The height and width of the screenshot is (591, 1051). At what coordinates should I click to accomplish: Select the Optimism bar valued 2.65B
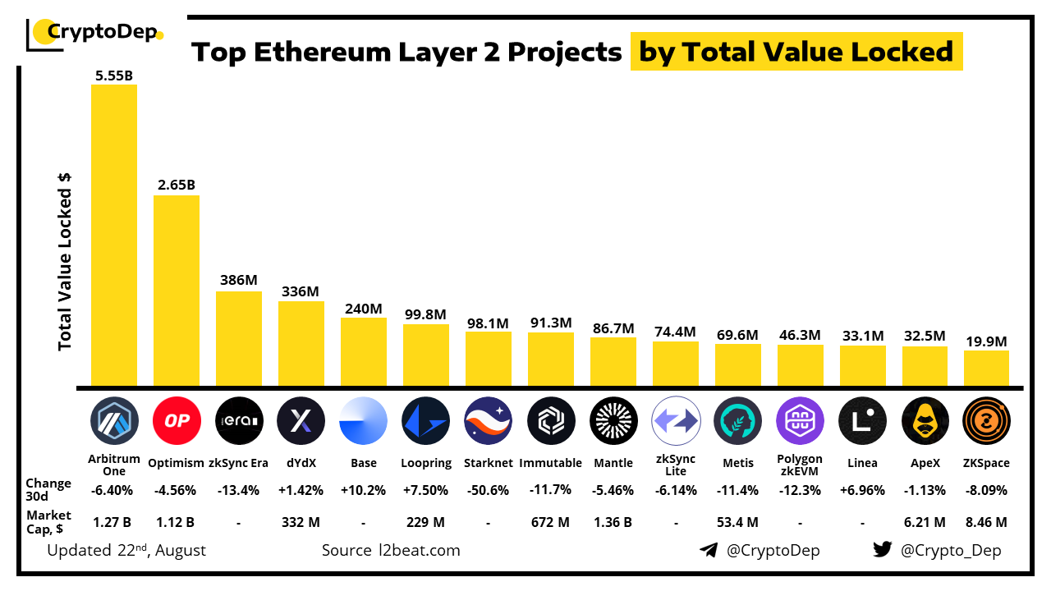(177, 291)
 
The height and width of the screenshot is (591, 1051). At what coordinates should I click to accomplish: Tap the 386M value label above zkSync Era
(239, 280)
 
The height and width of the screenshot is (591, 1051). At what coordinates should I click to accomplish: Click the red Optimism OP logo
(177, 421)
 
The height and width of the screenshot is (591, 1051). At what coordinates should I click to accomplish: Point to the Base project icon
(363, 421)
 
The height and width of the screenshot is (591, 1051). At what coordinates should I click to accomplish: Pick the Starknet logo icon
(488, 421)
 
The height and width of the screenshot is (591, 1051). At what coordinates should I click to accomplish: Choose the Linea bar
(862, 366)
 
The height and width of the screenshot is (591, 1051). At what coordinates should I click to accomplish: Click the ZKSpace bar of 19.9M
(986, 369)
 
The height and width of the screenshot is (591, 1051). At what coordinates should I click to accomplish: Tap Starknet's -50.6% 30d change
(488, 490)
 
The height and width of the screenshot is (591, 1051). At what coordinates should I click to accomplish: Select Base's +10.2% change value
(363, 490)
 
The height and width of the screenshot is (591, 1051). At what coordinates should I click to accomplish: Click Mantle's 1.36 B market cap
(613, 522)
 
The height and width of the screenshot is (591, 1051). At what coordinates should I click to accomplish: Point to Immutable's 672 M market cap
(550, 522)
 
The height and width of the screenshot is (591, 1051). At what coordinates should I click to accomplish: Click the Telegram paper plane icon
(709, 550)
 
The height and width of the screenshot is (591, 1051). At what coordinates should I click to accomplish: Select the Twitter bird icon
(882, 550)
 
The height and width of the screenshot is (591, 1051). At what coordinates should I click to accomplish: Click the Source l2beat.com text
(391, 550)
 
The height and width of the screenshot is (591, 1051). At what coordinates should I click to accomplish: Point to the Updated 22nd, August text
(126, 550)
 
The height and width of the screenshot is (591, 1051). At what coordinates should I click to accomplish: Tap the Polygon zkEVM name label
(800, 465)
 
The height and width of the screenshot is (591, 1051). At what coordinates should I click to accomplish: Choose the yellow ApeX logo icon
(925, 421)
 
